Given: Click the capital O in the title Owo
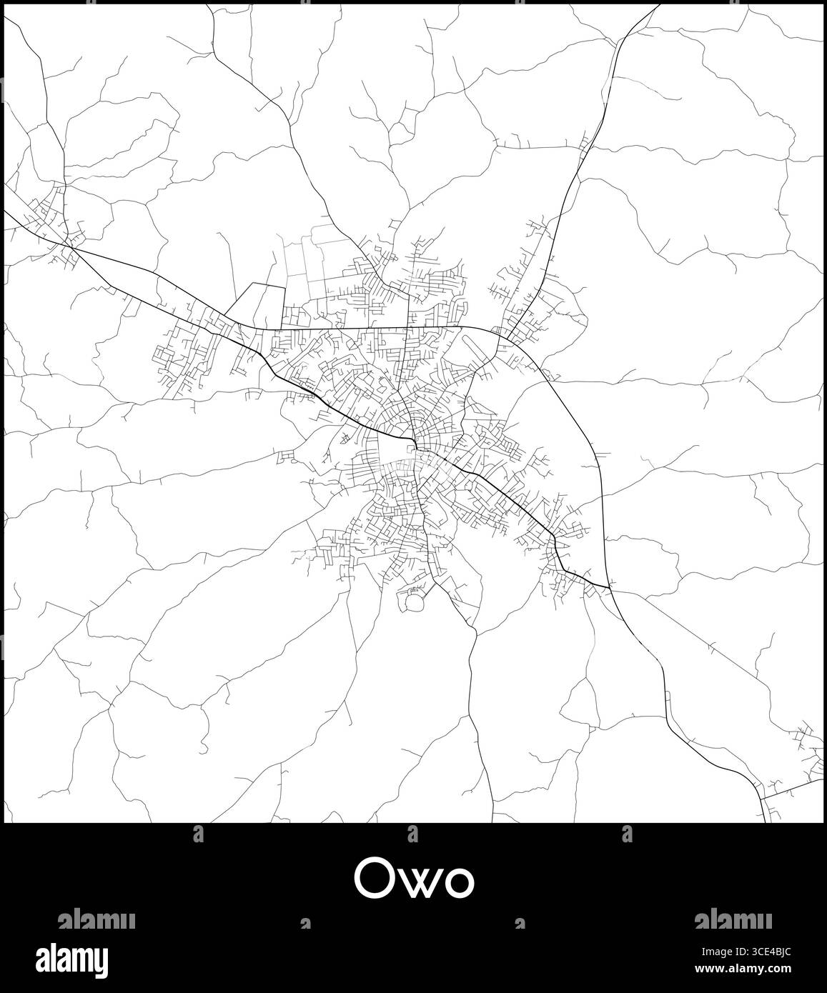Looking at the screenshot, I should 374,880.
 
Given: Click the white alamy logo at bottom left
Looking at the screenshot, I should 83,957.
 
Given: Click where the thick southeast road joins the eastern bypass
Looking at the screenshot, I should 610,588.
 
